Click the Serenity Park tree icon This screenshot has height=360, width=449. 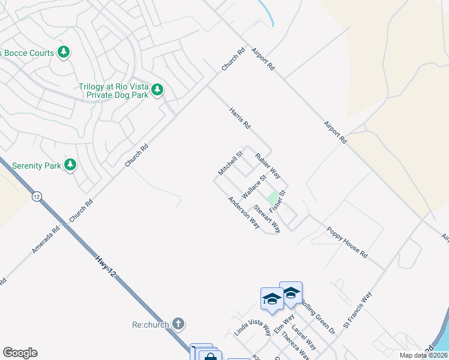point(70,164)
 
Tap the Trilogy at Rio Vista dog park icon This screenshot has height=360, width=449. point(157,90)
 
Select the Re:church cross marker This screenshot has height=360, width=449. point(178,324)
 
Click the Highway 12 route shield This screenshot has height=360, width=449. point(37,196)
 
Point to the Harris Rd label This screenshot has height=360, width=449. point(239,118)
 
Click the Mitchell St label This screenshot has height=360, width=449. point(230,163)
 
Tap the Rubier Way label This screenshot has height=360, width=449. point(268,166)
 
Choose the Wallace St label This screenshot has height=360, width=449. point(253,188)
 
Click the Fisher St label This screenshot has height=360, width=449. point(277,200)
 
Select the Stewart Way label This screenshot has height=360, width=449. point(267,218)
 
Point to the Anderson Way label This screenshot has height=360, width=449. point(243,212)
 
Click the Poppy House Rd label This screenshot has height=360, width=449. point(346,242)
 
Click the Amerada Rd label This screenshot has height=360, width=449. point(46,239)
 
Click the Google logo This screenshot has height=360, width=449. point(20,353)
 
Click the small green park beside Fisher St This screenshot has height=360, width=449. point(273,197)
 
